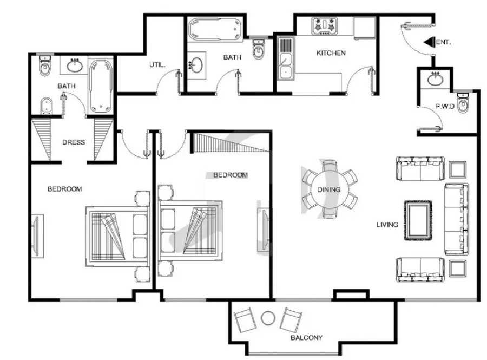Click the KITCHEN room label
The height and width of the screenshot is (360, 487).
pyautogui.click(x=331, y=53)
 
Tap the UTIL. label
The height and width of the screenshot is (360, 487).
pyautogui.click(x=157, y=65)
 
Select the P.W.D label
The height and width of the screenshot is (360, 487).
pyautogui.click(x=445, y=106)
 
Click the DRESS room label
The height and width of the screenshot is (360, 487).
pyautogui.click(x=74, y=142)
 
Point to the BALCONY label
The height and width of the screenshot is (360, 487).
pyautogui.click(x=307, y=337)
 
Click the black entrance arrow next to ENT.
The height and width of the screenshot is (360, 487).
pyautogui.click(x=429, y=42)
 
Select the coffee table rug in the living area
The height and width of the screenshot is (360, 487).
pyautogui.click(x=418, y=220)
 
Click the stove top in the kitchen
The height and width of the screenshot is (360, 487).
pyautogui.click(x=325, y=26)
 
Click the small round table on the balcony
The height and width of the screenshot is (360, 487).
pyautogui.click(x=268, y=318)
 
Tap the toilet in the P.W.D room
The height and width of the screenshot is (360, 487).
pyautogui.click(x=463, y=103)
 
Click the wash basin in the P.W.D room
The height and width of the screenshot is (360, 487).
pyautogui.click(x=435, y=79)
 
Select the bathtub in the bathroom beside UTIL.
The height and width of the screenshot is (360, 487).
pyautogui.click(x=215, y=30)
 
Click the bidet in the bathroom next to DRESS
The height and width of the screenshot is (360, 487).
pyautogui.click(x=47, y=106)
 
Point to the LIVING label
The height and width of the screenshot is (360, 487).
pyautogui.click(x=387, y=225)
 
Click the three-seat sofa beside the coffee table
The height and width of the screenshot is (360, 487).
pyautogui.click(x=457, y=219)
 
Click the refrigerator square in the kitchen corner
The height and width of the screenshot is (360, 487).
pyautogui.click(x=365, y=28)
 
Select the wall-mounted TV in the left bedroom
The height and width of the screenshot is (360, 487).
pyautogui.click(x=36, y=236)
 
